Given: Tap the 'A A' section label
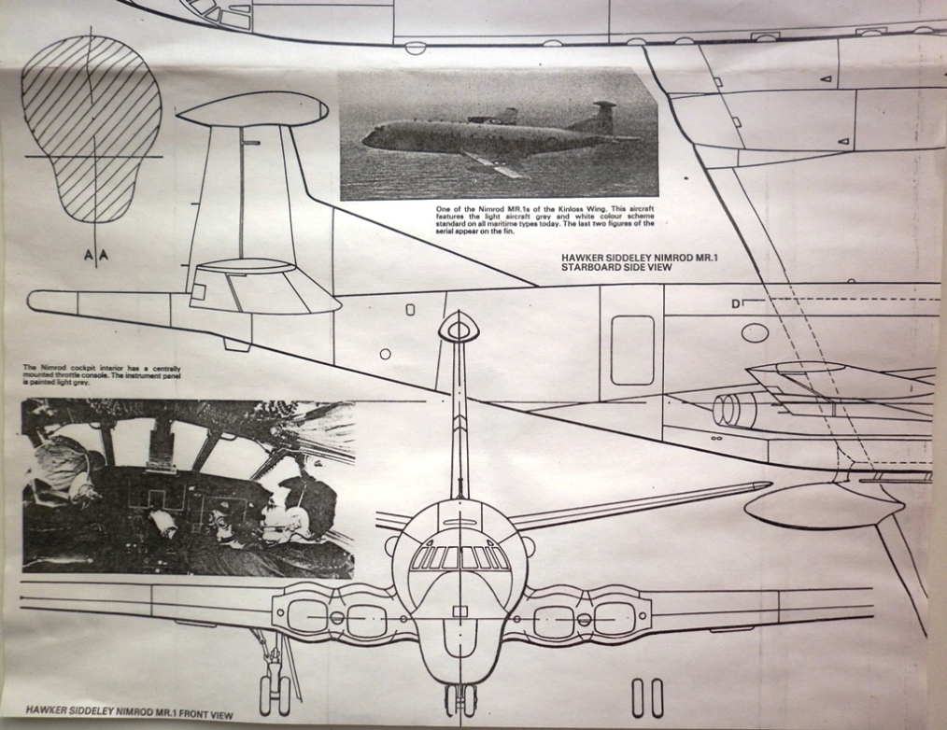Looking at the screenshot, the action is pyautogui.click(x=96, y=254).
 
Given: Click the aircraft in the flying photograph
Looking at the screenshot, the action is pyautogui.click(x=495, y=138).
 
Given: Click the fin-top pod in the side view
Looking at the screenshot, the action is pyautogui.click(x=252, y=109).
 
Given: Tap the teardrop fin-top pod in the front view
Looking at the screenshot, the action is pyautogui.click(x=459, y=327).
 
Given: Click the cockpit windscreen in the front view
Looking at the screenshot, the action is pyautogui.click(x=460, y=557).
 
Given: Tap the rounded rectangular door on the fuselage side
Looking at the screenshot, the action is pyautogui.click(x=632, y=350).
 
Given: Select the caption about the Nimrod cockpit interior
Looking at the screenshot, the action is pyautogui.click(x=103, y=375).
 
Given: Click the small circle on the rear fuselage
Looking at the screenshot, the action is pyautogui.click(x=385, y=354).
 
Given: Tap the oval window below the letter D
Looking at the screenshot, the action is pyautogui.click(x=755, y=332).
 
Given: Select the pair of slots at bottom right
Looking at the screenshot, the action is pyautogui.click(x=647, y=696).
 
